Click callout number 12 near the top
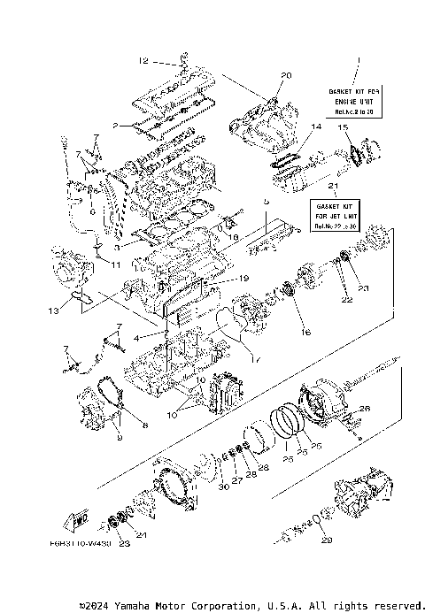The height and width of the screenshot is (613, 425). pyautogui.click(x=143, y=62)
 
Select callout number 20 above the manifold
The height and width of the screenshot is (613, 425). pyautogui.click(x=286, y=75)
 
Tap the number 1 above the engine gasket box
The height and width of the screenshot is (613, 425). pyautogui.click(x=358, y=60)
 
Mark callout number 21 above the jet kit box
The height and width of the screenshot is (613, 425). pyautogui.click(x=332, y=188)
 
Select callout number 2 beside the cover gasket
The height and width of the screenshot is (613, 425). pyautogui.click(x=115, y=126)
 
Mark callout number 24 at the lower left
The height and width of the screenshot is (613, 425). pyautogui.click(x=141, y=535)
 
